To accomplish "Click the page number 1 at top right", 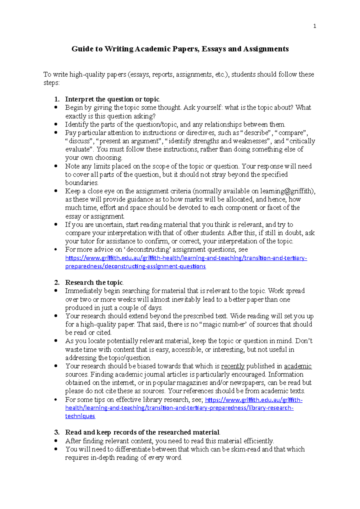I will click(314, 26).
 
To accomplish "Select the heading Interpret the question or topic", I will click(112, 99).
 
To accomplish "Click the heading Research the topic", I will click(94, 282).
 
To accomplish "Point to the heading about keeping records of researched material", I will click(142, 432).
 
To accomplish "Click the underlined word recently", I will click(233, 366).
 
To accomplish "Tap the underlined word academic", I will click(298, 366).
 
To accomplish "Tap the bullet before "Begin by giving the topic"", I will click(56, 107).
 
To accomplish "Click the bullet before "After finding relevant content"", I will click(56, 441).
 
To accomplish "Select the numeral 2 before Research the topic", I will click(57, 282).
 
